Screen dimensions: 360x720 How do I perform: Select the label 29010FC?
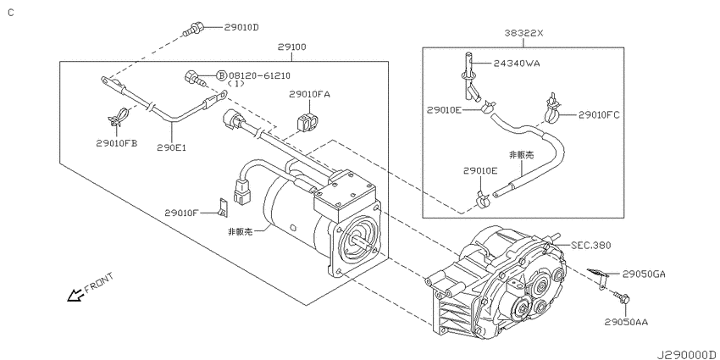tap(601, 114)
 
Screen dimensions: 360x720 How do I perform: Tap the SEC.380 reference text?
tap(591, 245)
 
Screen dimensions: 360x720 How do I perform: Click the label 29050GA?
tap(644, 274)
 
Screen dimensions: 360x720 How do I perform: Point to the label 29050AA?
tap(626, 322)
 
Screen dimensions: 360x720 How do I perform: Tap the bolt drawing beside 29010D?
tap(193, 31)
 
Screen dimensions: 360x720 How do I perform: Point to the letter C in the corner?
tap(10, 11)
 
